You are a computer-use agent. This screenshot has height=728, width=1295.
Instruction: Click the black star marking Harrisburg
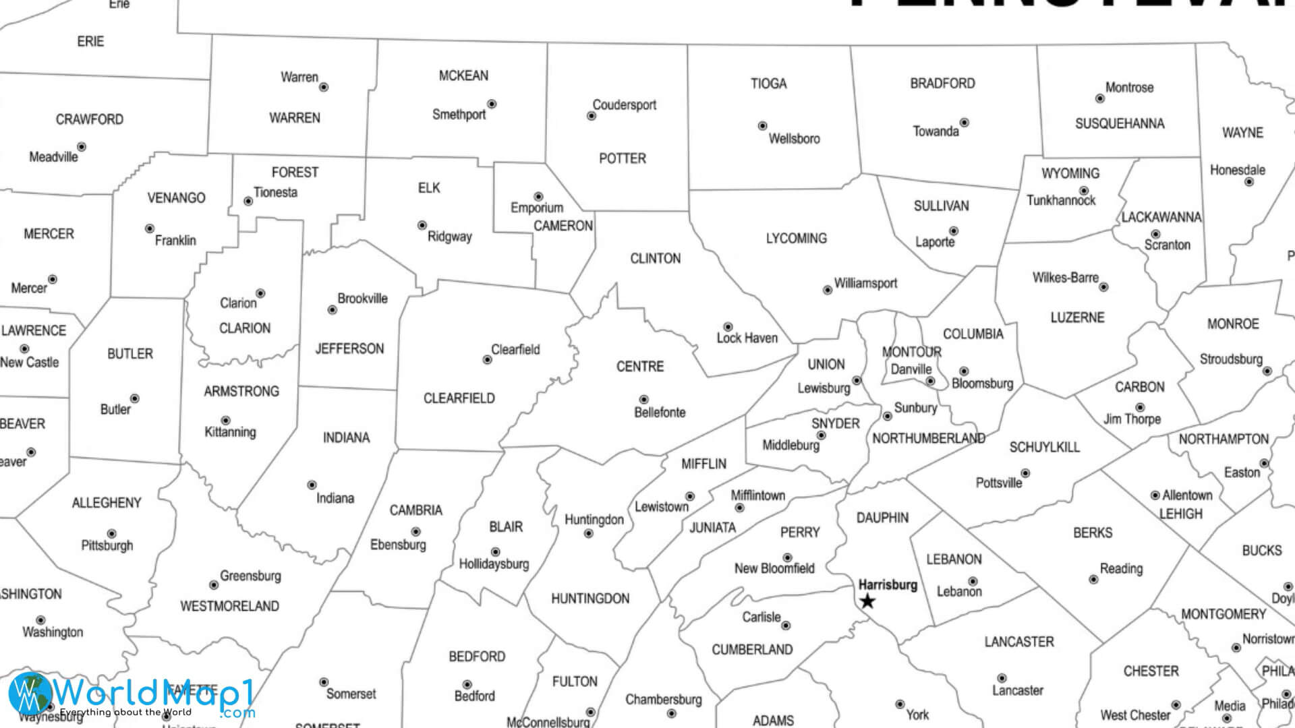click(867, 601)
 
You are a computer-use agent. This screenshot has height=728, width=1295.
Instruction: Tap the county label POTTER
click(622, 158)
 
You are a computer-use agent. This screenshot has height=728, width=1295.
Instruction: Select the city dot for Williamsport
click(828, 290)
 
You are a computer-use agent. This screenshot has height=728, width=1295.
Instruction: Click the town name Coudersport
click(624, 104)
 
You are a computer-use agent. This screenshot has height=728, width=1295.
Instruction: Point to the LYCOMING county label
click(796, 238)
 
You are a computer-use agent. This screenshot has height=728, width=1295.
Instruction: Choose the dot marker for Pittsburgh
click(111, 534)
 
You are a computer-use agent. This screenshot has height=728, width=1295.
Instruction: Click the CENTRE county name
click(639, 366)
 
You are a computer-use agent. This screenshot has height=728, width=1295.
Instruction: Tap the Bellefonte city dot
click(643, 400)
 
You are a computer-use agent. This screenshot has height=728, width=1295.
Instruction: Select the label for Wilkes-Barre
click(1065, 277)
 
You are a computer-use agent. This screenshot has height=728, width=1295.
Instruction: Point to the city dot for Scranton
click(1155, 234)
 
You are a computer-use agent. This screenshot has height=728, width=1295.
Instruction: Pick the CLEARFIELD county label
click(459, 398)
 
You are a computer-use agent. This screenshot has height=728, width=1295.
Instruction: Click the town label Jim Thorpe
click(1132, 419)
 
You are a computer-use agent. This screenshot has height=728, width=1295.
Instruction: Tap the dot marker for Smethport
click(492, 104)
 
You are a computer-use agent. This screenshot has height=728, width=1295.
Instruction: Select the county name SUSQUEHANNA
click(1119, 123)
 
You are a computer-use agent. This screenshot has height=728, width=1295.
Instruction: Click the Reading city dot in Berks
click(1093, 579)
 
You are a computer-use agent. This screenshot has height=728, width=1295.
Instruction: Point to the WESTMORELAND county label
click(229, 606)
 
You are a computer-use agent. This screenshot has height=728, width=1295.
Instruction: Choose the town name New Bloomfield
click(774, 568)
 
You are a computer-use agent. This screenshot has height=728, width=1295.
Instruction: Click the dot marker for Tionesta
click(248, 201)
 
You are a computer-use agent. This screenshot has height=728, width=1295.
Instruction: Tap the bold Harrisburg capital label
click(888, 584)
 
